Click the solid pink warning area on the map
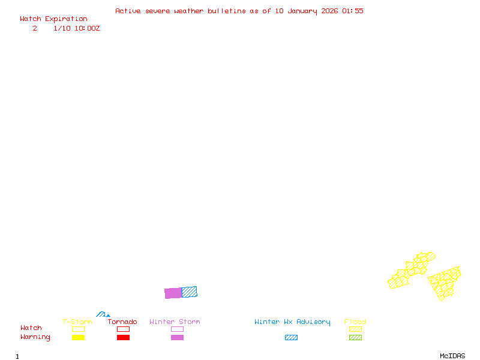click(x=173, y=293)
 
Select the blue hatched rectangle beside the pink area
click(x=190, y=292)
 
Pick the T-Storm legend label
click(x=77, y=322)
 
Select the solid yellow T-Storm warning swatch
click(x=78, y=337)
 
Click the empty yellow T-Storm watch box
click(x=78, y=329)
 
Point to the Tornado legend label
click(x=122, y=322)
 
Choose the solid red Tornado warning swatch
click(x=123, y=337)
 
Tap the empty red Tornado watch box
click(x=123, y=329)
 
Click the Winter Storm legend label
click(x=175, y=322)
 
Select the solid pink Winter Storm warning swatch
click(x=177, y=337)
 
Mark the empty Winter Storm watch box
click(x=177, y=329)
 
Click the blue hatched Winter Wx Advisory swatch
click(x=291, y=337)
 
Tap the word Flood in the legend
click(x=355, y=322)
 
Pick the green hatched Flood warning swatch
click(x=355, y=337)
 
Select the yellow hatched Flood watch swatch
click(x=355, y=329)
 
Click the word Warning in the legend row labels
click(x=35, y=337)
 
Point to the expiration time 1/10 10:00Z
click(x=77, y=28)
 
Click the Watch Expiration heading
click(x=53, y=19)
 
